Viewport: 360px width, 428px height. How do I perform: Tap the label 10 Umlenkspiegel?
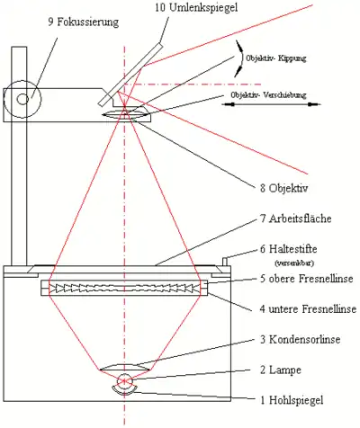[196, 8]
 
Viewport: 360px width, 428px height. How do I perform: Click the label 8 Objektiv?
[284, 189]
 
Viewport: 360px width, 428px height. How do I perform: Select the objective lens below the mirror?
[126, 113]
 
